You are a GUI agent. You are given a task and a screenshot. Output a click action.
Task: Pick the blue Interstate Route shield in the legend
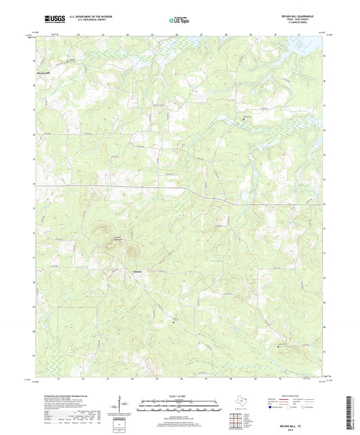point(271,407)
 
